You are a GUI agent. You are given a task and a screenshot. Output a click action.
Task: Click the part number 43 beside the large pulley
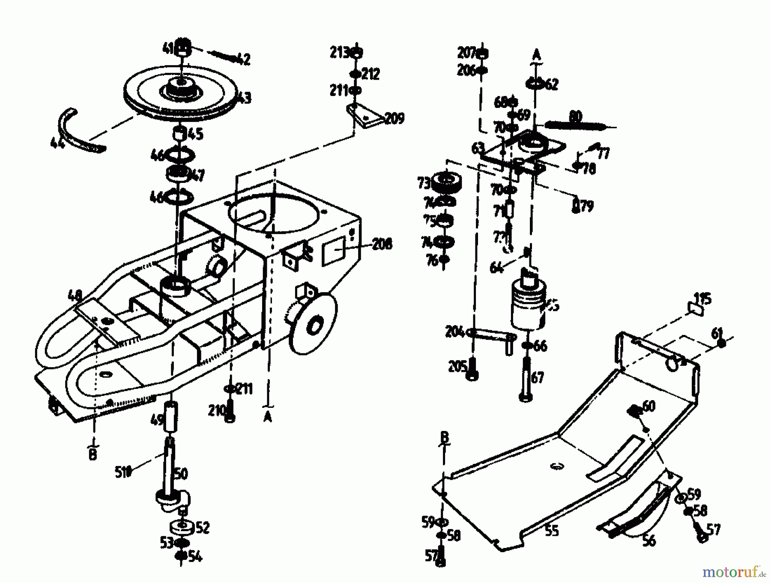(x=245, y=99)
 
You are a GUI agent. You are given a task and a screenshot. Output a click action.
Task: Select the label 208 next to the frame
(x=382, y=245)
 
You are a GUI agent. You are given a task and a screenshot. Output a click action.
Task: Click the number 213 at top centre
(x=339, y=53)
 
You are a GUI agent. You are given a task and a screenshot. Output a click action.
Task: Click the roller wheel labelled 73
(x=446, y=183)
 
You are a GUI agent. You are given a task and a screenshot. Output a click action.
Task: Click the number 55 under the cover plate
(x=552, y=531)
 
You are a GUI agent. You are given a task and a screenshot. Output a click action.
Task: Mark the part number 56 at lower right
(x=649, y=541)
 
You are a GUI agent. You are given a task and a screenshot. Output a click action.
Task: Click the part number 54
(x=194, y=557)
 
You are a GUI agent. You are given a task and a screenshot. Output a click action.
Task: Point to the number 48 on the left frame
(x=75, y=295)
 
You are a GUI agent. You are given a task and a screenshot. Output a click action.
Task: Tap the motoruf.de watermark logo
(x=733, y=571)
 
